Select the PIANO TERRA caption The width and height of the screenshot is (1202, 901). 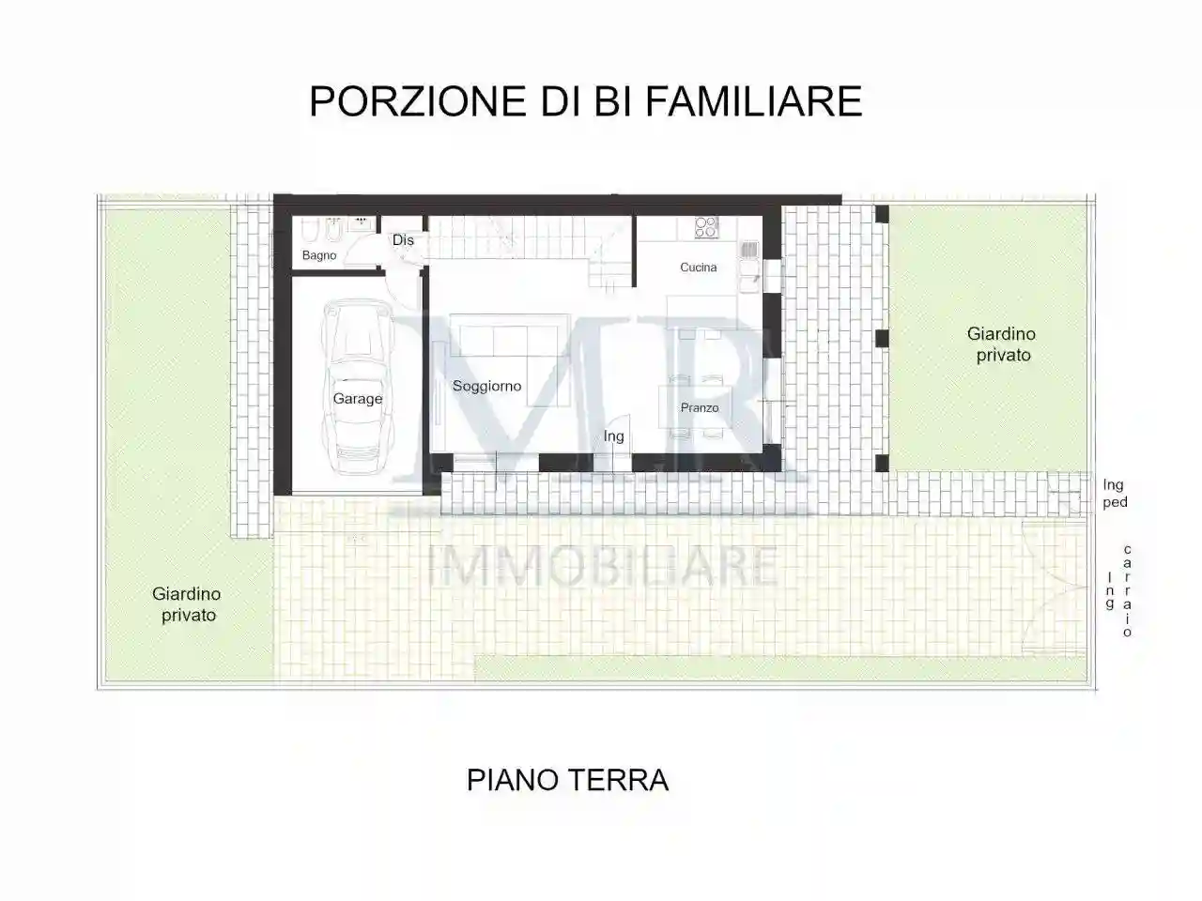[567, 780]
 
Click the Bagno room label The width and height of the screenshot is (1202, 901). [319, 255]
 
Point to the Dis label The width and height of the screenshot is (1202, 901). [403, 240]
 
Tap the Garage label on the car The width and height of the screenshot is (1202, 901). [358, 399]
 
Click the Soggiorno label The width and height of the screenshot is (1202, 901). [486, 386]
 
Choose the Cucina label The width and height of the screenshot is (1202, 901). [698, 267]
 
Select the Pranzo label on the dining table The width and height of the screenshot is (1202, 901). [700, 407]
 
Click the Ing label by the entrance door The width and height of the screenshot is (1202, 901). [613, 436]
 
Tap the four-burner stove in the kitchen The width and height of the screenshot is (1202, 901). [705, 226]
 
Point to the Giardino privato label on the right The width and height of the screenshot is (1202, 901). [1002, 344]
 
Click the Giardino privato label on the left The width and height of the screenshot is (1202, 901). [187, 604]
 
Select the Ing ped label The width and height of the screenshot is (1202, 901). [1115, 494]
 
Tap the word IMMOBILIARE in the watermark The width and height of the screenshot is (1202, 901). [602, 566]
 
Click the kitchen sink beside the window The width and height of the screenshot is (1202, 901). [748, 251]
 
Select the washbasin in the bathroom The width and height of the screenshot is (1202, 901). [359, 224]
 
